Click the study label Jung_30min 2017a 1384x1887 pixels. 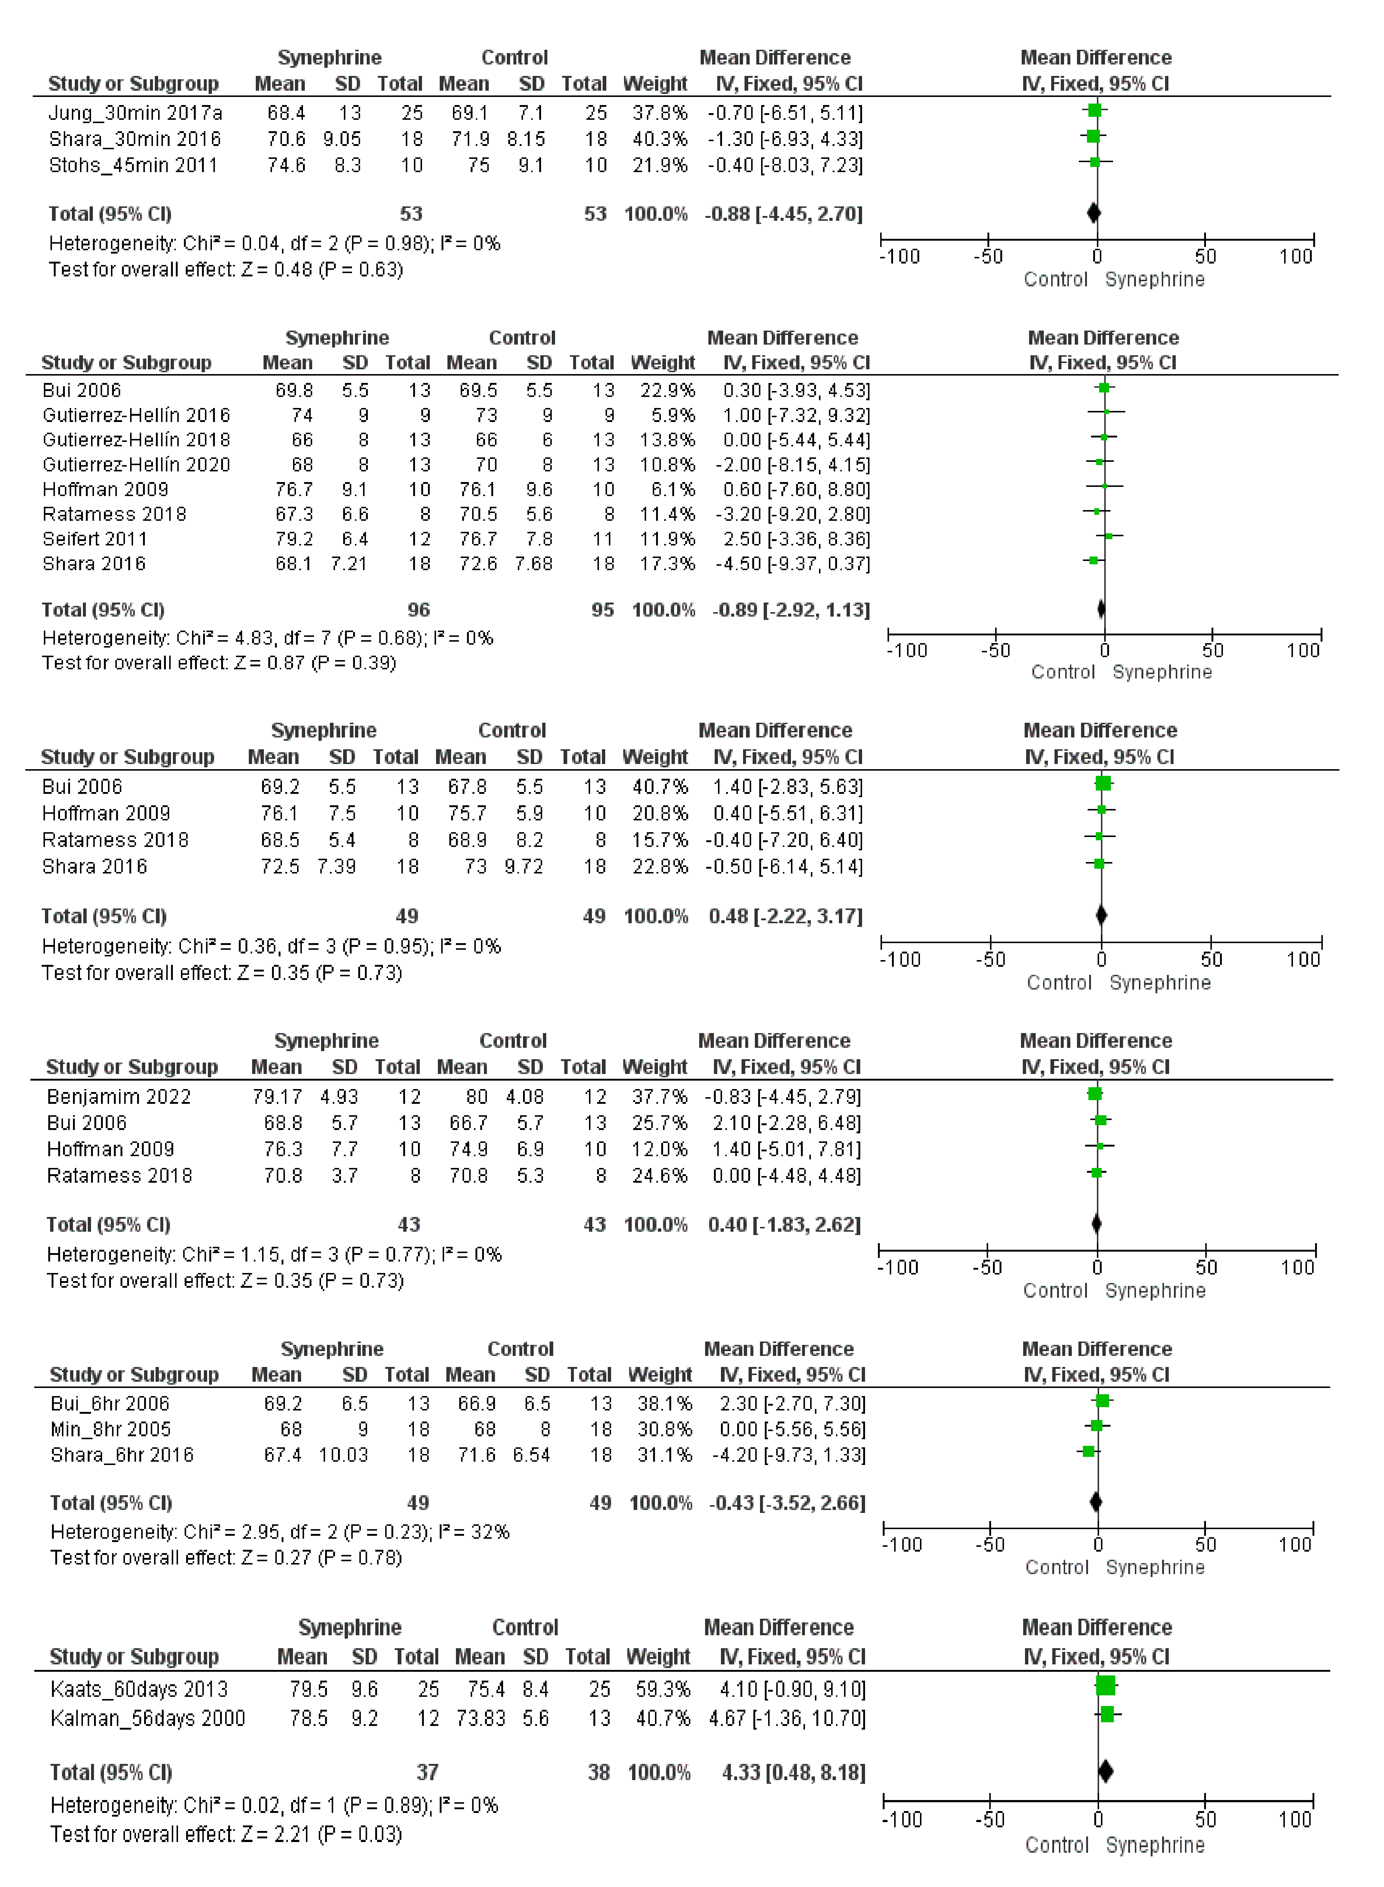coord(135,112)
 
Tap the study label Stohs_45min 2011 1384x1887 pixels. coord(133,165)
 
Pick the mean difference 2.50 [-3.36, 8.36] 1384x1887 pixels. coord(796,538)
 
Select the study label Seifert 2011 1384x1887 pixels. coord(95,538)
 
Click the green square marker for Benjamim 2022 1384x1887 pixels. coord(1094,1094)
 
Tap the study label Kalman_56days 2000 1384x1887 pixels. coord(147,1719)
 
